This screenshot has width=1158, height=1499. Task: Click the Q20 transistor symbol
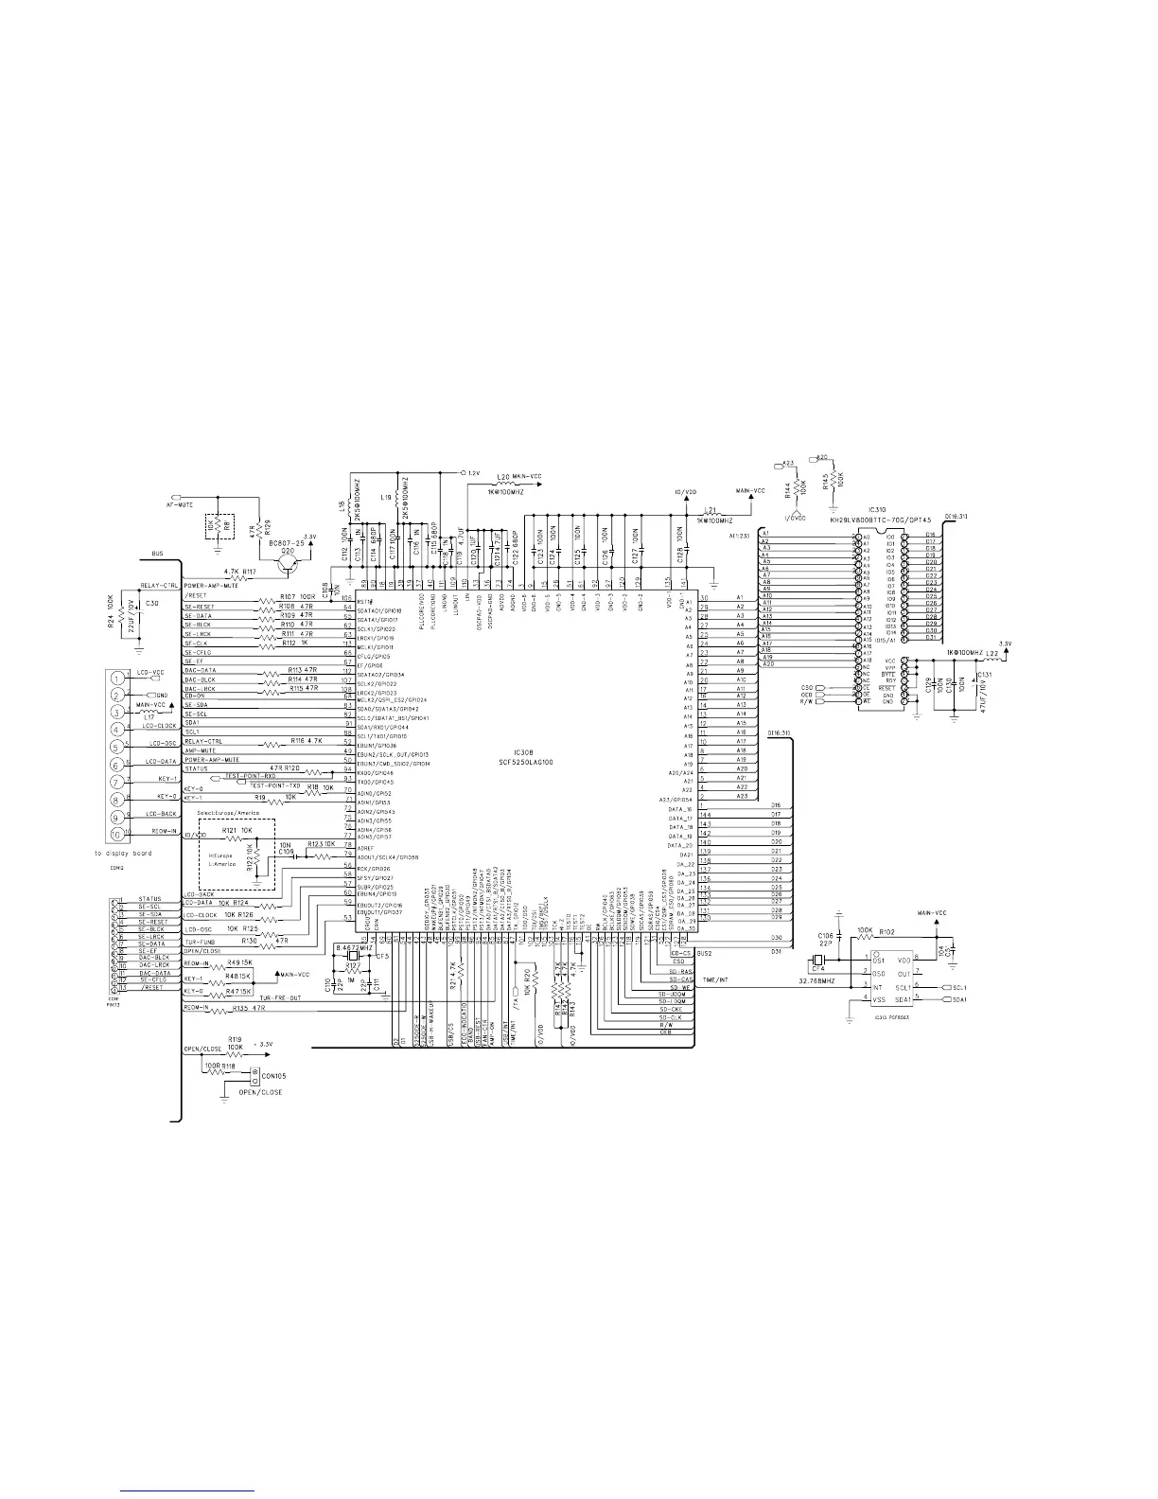coord(284,562)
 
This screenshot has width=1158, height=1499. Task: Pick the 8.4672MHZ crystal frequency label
coord(354,945)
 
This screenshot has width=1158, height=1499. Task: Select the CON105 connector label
coord(275,1076)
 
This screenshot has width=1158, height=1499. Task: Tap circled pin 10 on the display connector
coord(116,834)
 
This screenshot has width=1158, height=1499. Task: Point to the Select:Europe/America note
coord(227,813)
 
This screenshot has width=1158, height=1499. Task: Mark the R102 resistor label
coord(886,931)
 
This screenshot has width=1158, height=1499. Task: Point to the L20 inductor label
coord(503,476)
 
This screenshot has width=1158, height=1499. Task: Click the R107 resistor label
coord(289,596)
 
